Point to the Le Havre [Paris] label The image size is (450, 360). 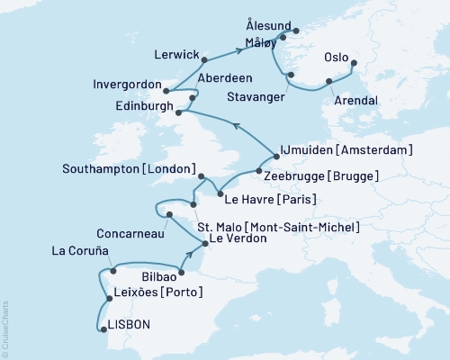coord(274,198)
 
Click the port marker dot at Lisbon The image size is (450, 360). coord(102,329)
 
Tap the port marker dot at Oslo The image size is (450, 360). coord(353,63)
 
